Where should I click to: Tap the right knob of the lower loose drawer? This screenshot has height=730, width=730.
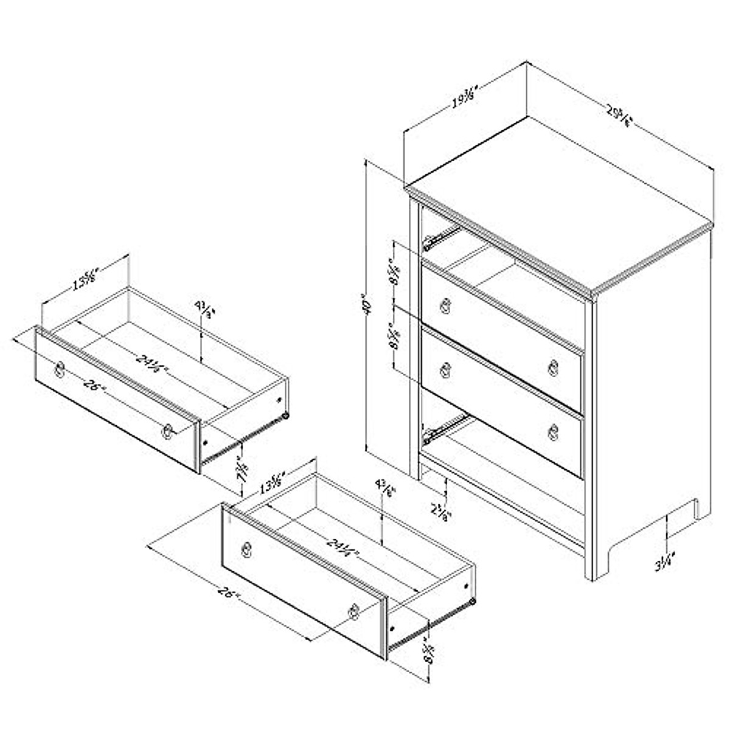(x=353, y=611)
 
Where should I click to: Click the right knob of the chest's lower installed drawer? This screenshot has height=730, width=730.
(x=554, y=430)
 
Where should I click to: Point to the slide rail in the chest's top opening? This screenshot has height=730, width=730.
(x=440, y=238)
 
